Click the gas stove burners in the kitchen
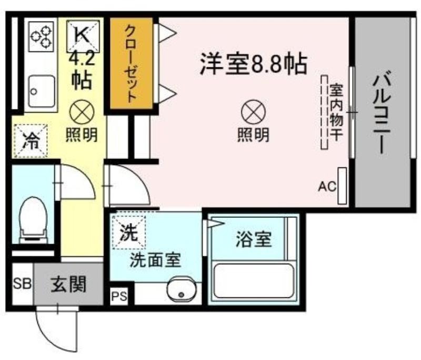41,37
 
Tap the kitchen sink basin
42,91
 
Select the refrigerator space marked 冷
31,141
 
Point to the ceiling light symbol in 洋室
253,112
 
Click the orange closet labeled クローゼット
131,64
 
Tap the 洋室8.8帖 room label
253,64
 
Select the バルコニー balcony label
381,112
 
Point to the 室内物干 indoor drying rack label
336,112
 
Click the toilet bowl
33,220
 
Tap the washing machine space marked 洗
129,232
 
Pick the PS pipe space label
119,296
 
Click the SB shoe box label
23,284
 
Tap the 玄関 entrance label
69,284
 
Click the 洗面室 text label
155,260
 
